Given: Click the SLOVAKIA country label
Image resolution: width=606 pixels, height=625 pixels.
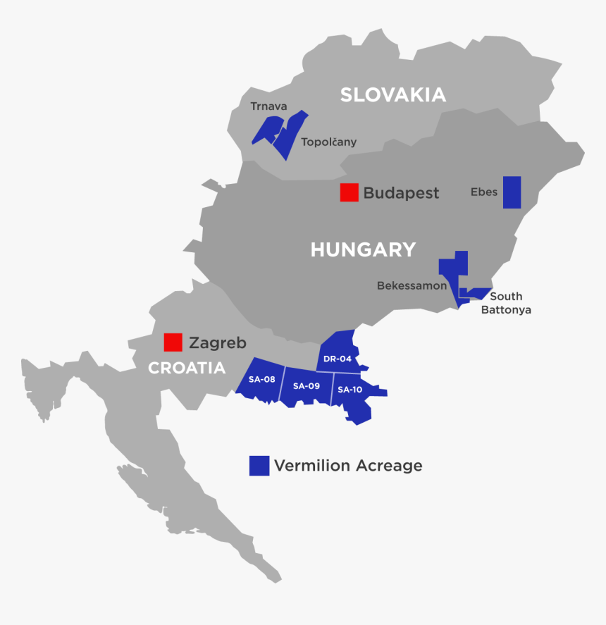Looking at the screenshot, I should click(x=392, y=95).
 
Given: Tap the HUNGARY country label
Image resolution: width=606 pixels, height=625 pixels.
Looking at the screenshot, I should click(x=363, y=249).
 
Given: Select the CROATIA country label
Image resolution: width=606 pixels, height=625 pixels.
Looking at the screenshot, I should click(x=186, y=368).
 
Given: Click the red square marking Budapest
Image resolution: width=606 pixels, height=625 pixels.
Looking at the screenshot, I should click(x=349, y=192).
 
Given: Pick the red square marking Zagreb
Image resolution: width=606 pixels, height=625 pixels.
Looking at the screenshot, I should click(x=173, y=342).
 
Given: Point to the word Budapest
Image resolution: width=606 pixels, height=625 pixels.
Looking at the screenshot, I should click(x=401, y=193).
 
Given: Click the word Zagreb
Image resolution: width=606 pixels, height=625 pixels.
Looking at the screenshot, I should click(x=218, y=343).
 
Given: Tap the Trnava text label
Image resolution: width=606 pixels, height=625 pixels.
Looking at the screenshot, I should click(x=268, y=106).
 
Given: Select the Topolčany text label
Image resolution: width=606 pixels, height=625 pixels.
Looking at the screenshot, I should click(x=328, y=142).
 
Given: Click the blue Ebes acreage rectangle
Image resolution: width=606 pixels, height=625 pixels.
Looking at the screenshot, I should click(x=512, y=192).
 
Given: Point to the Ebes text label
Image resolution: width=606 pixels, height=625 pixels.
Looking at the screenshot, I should click(x=484, y=192).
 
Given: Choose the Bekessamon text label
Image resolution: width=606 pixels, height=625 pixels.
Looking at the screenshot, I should click(x=412, y=286).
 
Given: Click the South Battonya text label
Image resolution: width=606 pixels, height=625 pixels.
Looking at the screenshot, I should click(x=506, y=303).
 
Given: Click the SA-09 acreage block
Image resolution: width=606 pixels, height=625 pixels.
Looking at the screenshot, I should click(x=307, y=387).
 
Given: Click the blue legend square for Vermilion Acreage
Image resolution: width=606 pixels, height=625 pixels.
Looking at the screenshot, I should click(x=259, y=466).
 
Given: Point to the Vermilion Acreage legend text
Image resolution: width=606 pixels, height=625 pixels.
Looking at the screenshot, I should click(x=348, y=466).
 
